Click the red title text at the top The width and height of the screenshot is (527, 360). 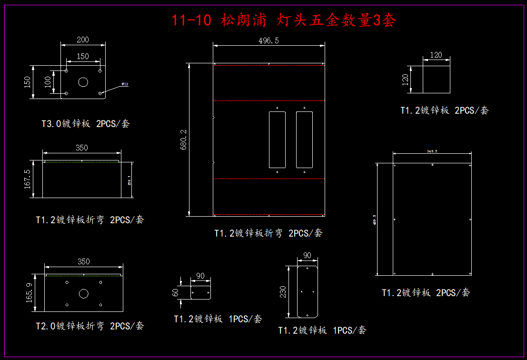coord(284,20)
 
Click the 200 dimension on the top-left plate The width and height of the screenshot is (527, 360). coord(82,40)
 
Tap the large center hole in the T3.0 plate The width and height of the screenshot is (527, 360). coord(83,82)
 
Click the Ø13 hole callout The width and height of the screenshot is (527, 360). coord(125,84)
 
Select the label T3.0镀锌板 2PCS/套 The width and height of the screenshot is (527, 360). coord(85,124)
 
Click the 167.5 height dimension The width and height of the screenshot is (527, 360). coord(27,179)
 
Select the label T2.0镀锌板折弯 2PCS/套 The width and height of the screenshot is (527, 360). coord(90,326)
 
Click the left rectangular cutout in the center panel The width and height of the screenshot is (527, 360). coord(277,140)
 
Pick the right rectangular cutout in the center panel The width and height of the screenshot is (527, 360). coord(304,140)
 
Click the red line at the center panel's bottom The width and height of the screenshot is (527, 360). coord(269,215)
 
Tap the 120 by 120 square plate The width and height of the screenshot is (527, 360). coord(437,79)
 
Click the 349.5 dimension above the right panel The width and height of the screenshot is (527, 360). coord(432,151)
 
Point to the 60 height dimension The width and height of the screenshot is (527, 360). coord(175,292)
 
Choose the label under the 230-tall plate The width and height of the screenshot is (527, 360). coord(322,330)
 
